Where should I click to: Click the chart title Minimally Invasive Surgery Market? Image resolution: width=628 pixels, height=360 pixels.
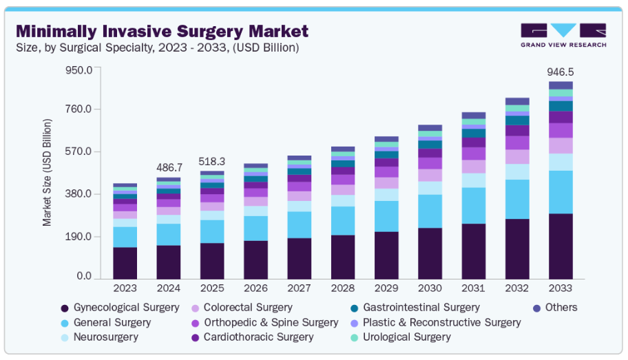162,31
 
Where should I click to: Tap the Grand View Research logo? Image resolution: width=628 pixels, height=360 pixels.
563,35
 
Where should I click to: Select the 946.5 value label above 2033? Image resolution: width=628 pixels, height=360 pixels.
561,72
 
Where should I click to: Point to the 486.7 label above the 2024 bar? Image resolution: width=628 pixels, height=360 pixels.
169,167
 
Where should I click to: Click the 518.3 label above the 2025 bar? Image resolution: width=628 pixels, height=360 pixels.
213,162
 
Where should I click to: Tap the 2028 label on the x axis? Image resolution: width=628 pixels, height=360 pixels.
342,288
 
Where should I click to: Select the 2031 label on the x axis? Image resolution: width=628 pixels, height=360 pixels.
474,288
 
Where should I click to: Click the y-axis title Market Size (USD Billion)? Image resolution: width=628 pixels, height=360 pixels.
48,173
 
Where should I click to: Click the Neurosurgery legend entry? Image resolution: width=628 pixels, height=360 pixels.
105,337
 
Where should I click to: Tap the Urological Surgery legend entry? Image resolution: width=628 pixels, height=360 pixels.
406,337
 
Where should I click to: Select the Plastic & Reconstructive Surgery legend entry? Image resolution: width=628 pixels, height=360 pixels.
441,322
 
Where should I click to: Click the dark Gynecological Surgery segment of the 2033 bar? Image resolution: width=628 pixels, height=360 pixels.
561,246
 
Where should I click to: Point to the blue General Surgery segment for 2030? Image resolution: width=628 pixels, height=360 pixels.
430,211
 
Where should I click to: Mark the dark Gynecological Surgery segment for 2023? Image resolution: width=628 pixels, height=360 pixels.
125,262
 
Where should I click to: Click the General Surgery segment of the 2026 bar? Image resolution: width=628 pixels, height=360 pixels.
256,228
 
